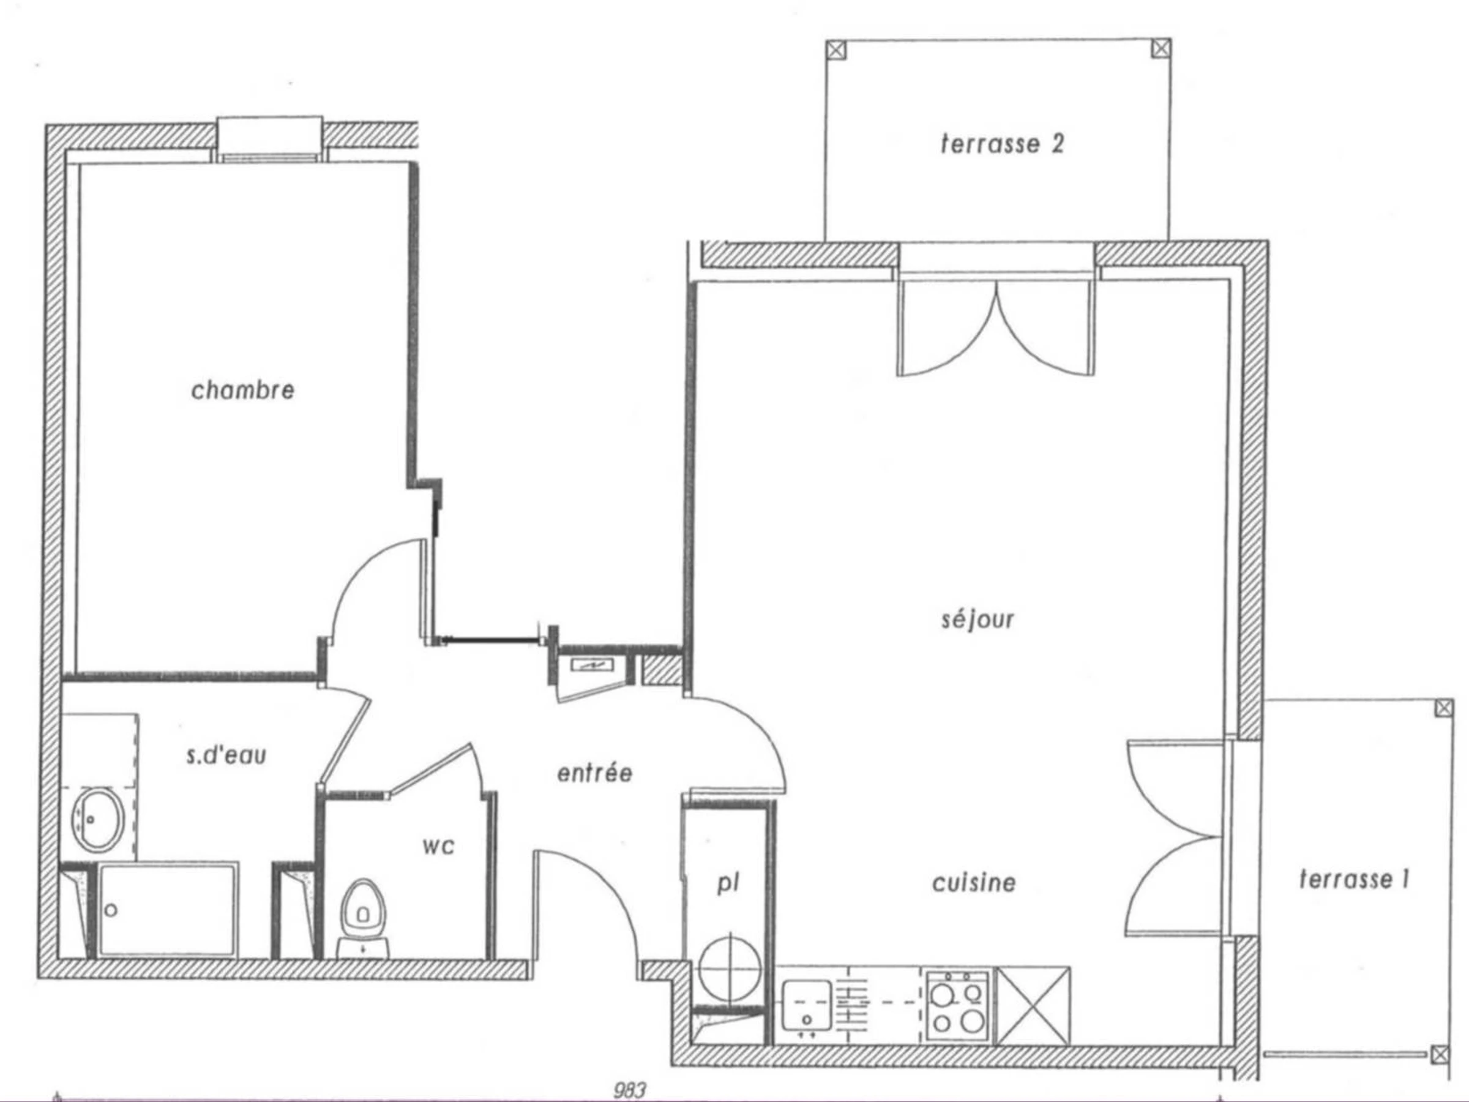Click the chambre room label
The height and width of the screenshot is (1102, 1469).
click(242, 389)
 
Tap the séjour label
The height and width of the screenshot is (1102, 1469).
click(977, 618)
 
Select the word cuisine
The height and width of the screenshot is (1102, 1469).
click(974, 883)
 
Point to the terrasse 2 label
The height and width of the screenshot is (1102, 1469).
click(1002, 143)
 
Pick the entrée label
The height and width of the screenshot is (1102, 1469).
click(594, 773)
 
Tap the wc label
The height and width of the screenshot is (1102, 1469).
click(438, 846)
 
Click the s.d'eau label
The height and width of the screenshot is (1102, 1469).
click(226, 755)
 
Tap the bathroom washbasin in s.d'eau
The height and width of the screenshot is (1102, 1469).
click(99, 819)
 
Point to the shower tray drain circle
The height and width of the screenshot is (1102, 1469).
click(111, 909)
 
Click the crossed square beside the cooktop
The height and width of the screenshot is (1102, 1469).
click(1034, 1005)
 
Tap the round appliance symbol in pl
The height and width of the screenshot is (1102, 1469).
click(730, 968)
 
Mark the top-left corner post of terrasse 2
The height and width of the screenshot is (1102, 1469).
click(837, 50)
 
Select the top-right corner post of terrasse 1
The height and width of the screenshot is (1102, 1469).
click(1444, 708)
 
